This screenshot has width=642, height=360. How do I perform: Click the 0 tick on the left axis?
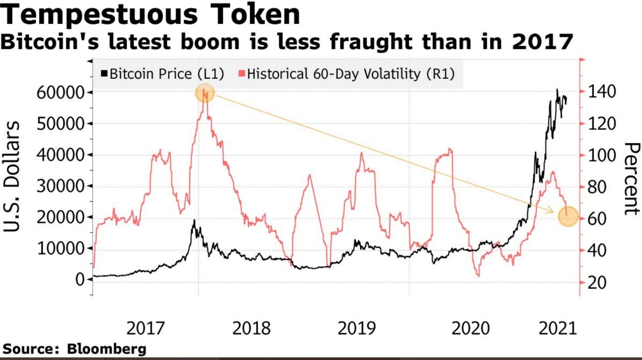(80, 279)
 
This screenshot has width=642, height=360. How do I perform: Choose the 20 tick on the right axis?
(595, 283)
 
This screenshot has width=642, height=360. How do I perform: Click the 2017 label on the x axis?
(146, 329)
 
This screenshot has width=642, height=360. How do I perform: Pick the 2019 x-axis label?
(357, 329)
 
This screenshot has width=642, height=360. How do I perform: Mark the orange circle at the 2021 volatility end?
(568, 217)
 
